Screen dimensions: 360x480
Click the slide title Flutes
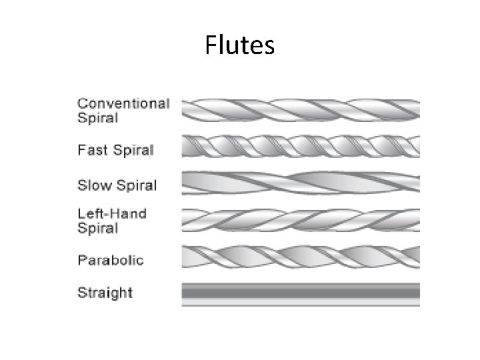239,45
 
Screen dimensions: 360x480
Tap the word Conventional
123,103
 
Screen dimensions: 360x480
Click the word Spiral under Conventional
97,118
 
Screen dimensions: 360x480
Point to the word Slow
93,184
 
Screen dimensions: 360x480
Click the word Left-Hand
111,214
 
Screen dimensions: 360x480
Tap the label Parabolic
110,260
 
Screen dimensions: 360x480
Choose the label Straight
105,293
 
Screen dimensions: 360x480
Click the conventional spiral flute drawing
301,110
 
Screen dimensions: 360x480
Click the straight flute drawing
301,294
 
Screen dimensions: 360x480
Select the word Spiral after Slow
136,184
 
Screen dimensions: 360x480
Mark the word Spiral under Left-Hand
97,229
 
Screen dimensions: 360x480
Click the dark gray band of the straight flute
301,291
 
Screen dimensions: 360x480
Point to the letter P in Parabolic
82,260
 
